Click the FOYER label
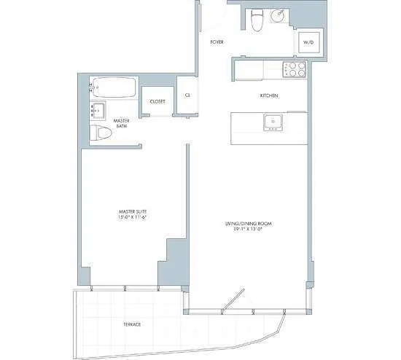coord(217,42)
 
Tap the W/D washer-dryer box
coord(308,43)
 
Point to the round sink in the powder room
coord(278,17)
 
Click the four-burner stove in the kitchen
coord(294,71)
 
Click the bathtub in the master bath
coord(113,89)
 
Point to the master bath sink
coord(97,111)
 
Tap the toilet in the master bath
coord(101,133)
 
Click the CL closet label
coord(187,95)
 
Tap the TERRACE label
coord(132,324)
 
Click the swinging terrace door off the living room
coord(233,300)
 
